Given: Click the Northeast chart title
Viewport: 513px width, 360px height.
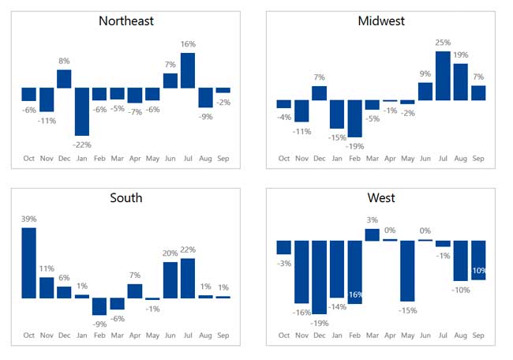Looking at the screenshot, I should pyautogui.click(x=126, y=21).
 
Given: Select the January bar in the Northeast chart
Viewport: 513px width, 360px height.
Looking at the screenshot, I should pyautogui.click(x=82, y=111).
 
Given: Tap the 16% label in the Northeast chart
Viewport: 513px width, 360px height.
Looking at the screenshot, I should pyautogui.click(x=187, y=44).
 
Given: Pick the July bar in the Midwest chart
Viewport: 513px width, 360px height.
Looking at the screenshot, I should pyautogui.click(x=443, y=76).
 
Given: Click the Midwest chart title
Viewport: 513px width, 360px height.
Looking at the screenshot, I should pyautogui.click(x=380, y=21).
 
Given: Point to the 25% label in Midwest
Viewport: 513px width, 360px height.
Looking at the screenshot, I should pyautogui.click(x=443, y=43).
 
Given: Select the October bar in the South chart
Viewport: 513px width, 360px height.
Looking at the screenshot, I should pyautogui.click(x=28, y=263).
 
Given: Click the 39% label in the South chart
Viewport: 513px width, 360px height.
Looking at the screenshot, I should pyautogui.click(x=28, y=219).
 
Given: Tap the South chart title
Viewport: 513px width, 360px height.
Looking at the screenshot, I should pyautogui.click(x=126, y=197).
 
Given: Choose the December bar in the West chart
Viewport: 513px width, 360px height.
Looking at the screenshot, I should pyautogui.click(x=319, y=277).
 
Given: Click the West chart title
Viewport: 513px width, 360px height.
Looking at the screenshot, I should pyautogui.click(x=380, y=197).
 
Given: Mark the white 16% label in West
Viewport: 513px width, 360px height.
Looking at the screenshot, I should pyautogui.click(x=354, y=294).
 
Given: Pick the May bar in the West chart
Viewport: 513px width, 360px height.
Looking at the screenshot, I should pyautogui.click(x=407, y=271).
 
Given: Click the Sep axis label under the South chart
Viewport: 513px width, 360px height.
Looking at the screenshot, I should pyautogui.click(x=223, y=336).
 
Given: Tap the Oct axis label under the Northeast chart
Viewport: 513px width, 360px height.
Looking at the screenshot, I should pyautogui.click(x=28, y=159).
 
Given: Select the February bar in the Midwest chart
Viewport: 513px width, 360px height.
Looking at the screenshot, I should pyautogui.click(x=354, y=118).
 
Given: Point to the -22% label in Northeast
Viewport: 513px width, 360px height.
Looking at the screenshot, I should pyautogui.click(x=82, y=144).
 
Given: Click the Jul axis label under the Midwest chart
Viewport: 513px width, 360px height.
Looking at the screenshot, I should pyautogui.click(x=443, y=159).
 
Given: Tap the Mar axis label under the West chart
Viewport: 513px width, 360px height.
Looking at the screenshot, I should pyautogui.click(x=372, y=336).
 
